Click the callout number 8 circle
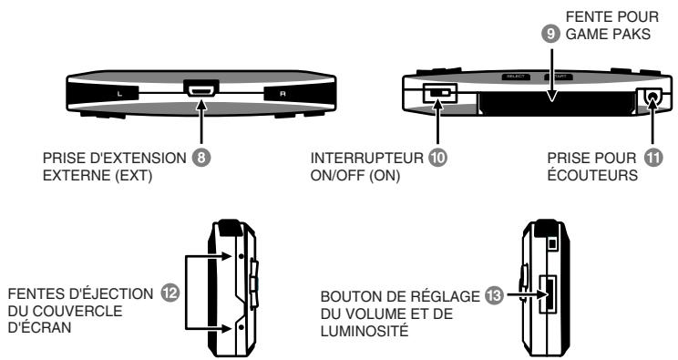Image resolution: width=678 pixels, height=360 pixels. [x=216, y=157]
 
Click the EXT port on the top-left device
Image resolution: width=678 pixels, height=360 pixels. [x=199, y=90]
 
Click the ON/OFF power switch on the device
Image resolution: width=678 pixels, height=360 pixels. [x=441, y=94]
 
